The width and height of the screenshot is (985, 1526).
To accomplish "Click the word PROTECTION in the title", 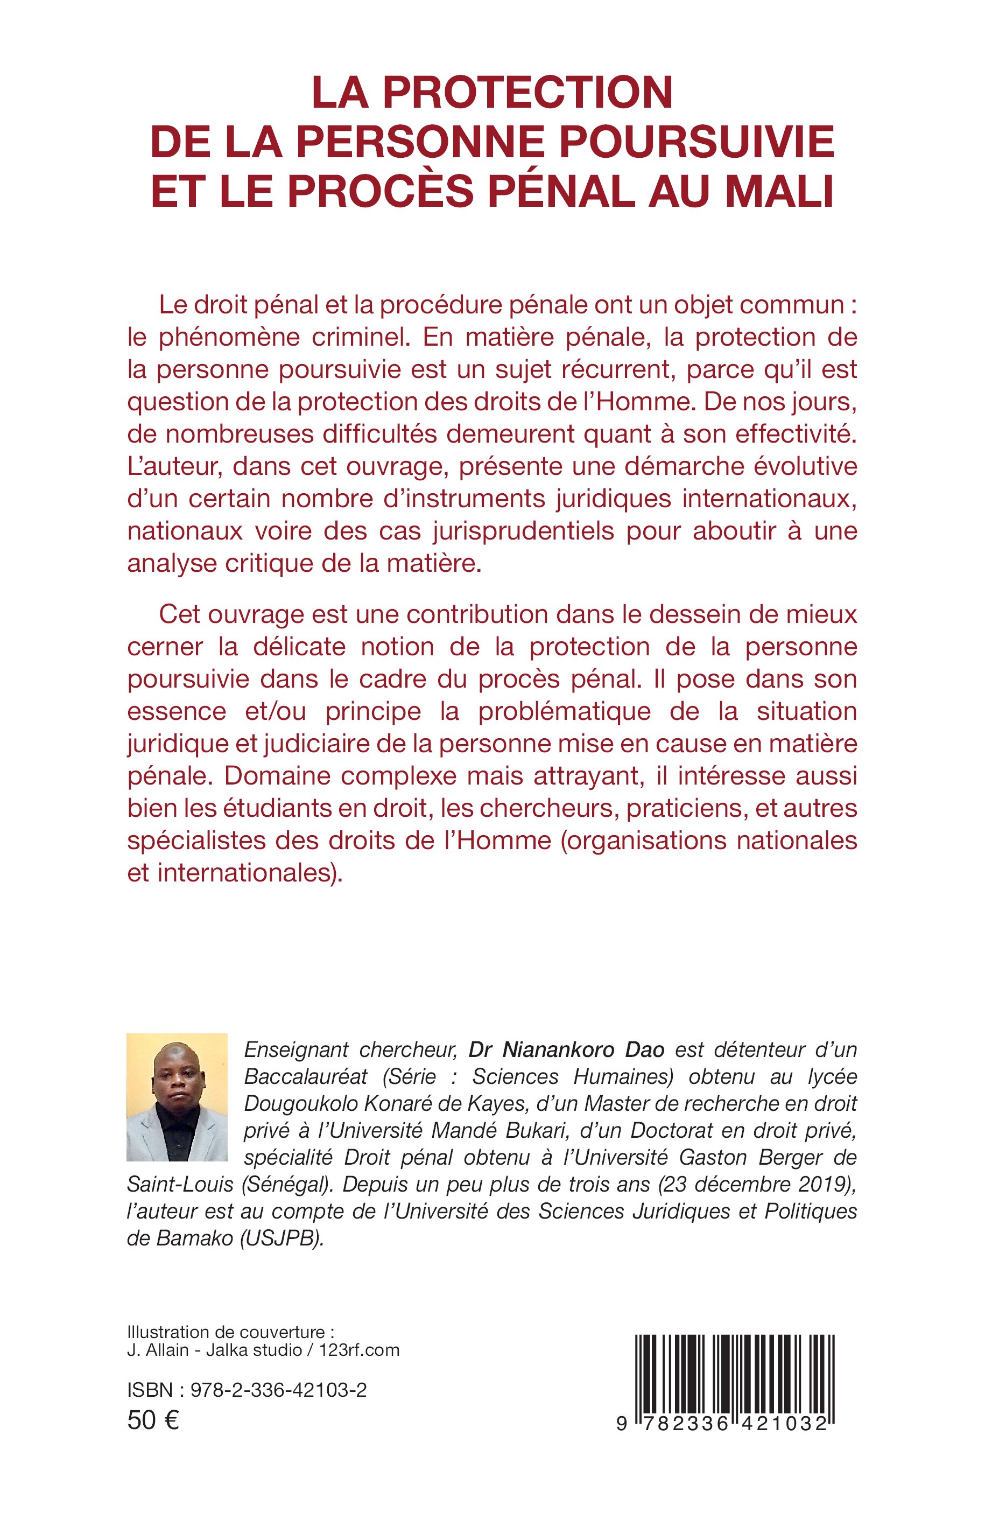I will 527,93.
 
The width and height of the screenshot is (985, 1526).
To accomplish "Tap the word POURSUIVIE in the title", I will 697,142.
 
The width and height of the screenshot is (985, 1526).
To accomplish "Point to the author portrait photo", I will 177,1097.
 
